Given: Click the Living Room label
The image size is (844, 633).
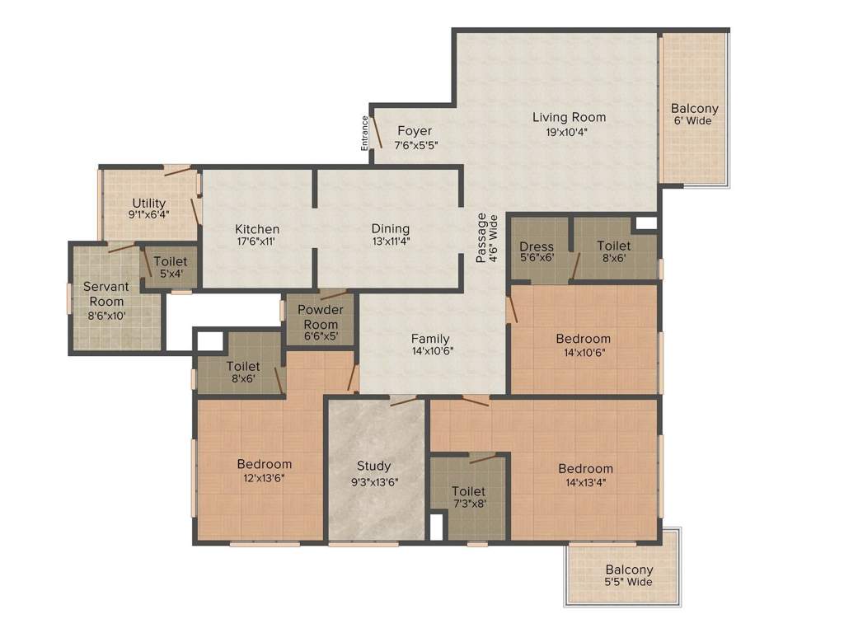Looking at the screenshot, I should coord(569,117).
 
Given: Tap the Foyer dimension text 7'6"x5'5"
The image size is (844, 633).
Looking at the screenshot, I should coord(415,145).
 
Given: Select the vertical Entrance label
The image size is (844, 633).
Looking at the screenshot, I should coord(365,134).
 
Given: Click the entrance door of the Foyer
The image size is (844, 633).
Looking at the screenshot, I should coord(375,132).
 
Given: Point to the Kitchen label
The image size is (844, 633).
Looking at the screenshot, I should coord(257,229).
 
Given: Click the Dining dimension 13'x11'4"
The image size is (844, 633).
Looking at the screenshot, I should coord(390,241).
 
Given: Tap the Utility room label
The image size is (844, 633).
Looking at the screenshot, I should coord(149,203).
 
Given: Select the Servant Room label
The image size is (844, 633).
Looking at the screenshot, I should coord(106,293).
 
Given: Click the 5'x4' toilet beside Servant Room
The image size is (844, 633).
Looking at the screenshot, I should coord(171,268).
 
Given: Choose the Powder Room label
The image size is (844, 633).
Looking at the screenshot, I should coord(320,316).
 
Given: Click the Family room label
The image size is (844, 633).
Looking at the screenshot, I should coord(430,339).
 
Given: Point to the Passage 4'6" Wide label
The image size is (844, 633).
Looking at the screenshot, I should coord(487,239).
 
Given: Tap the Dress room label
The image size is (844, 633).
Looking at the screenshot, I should coord(537,246).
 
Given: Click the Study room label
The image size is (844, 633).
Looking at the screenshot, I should coord(374,467).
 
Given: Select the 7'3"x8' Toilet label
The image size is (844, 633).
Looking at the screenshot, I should coord(468,491).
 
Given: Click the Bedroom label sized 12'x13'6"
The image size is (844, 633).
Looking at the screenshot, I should coord(265,464).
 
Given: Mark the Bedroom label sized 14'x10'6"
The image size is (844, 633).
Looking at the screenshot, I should coord(584,339).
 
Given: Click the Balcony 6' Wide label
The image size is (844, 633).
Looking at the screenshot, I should coord(694,109).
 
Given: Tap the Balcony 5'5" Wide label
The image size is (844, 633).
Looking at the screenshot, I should coord(629,570).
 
